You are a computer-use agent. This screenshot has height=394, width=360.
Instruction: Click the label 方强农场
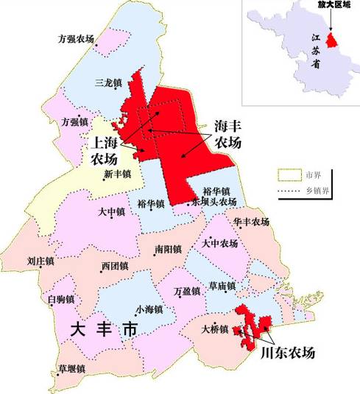coord(77,38)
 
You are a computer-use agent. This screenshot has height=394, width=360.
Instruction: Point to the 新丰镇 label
coord(117,175)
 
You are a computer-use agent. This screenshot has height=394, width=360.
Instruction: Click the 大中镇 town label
coord(111,211)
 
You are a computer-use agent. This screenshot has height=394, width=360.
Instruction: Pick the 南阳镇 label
coord(169,250)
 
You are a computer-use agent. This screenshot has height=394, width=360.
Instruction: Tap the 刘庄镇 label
coord(40,261)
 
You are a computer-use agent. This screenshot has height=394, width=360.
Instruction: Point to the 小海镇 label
coord(149,310)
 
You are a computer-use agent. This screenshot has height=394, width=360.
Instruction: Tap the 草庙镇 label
coord(222,286)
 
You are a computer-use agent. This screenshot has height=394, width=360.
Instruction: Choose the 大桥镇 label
coord(215,328)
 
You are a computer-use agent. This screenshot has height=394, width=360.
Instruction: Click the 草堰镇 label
coord(72,369)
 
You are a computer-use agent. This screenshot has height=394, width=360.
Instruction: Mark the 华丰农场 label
coord(250,222)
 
